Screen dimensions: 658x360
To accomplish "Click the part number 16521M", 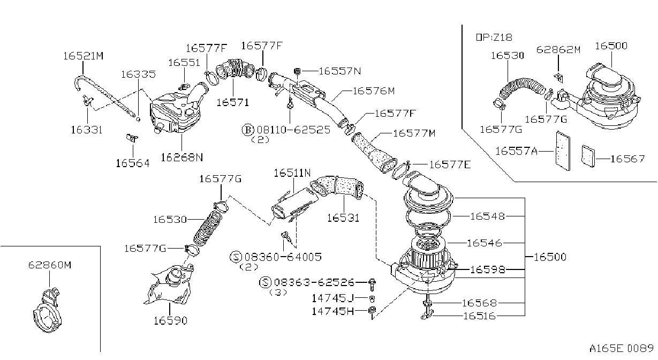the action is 84,56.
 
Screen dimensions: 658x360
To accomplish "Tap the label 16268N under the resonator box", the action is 182,157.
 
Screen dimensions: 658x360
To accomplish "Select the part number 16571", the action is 233,102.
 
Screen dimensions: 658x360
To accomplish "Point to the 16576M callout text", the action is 374,91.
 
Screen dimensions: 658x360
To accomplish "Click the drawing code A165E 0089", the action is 622,348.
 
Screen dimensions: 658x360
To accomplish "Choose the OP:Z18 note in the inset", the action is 494,37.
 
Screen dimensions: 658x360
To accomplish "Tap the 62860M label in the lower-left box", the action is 50,265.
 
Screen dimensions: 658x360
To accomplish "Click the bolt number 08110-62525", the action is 293,130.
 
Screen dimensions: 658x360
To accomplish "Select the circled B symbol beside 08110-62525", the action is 248,130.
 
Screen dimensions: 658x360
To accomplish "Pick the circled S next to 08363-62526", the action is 265,282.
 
